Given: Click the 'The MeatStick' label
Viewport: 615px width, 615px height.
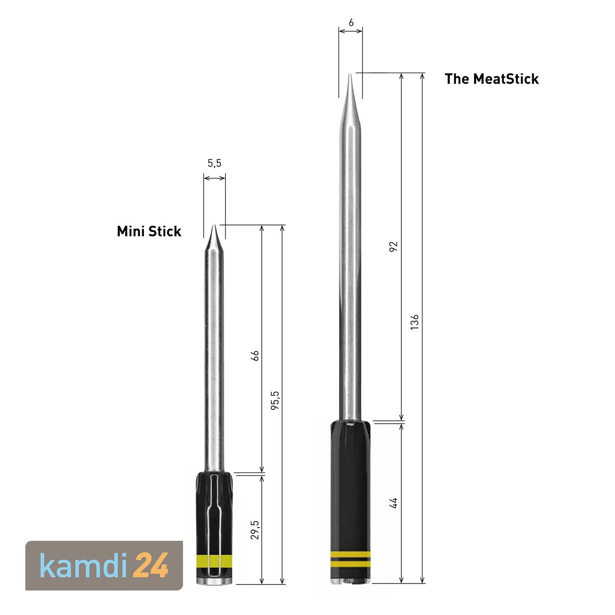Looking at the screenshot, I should click(491, 79).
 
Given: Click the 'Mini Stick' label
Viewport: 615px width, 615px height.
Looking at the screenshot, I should click(149, 231).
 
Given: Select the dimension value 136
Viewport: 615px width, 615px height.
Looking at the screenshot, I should click(415, 322).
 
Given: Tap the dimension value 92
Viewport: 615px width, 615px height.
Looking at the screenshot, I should click(393, 246).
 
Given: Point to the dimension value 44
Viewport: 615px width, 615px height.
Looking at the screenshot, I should click(393, 503).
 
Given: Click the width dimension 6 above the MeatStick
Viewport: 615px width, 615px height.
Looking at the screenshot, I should click(351, 23).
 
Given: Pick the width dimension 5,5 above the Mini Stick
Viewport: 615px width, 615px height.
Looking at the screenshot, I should click(214, 163).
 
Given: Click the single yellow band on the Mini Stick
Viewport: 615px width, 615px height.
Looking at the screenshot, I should click(215, 560).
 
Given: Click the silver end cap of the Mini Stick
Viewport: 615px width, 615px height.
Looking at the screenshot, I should click(215, 581).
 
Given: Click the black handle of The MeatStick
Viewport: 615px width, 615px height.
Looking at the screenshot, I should click(351, 484).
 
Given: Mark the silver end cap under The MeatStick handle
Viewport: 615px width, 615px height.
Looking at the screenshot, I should click(351, 581).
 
